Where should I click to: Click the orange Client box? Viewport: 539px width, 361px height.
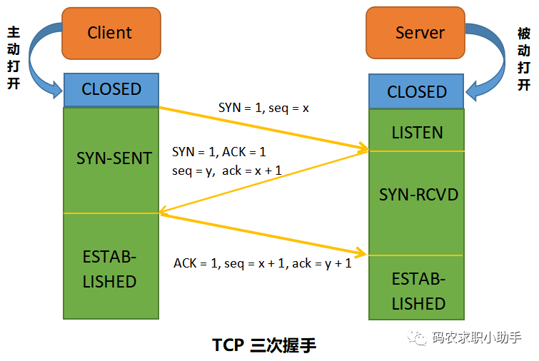click(x=111, y=33)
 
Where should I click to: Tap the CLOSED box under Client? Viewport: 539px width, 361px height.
click(x=111, y=89)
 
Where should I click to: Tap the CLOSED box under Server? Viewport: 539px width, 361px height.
click(x=416, y=92)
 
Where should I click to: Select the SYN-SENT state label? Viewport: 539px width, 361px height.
click(x=114, y=158)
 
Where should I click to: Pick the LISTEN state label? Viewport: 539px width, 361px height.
click(x=417, y=133)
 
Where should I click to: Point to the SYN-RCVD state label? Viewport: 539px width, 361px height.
click(x=418, y=195)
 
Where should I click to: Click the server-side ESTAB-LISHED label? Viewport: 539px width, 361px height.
click(x=418, y=291)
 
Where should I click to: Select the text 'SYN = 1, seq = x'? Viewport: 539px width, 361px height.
click(x=263, y=108)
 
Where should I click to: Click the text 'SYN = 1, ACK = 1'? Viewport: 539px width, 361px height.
click(x=218, y=152)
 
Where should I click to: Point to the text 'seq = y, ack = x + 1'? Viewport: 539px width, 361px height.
click(x=227, y=171)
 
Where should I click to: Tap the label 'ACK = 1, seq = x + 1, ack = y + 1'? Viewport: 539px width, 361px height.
click(x=262, y=263)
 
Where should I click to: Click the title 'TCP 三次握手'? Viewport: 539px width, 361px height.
click(x=263, y=345)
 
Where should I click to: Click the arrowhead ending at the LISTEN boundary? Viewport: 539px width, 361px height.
click(x=364, y=149)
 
